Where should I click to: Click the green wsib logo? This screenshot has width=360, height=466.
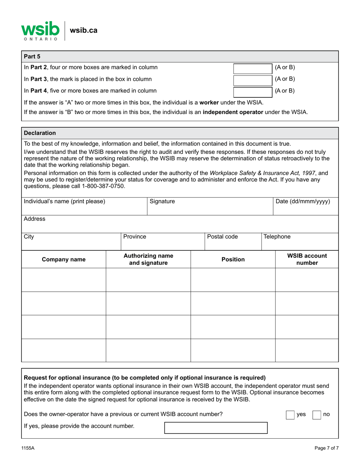click(x=40, y=30)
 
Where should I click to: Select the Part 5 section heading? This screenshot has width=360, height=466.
click(x=32, y=56)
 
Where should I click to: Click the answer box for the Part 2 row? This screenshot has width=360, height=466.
click(x=252, y=68)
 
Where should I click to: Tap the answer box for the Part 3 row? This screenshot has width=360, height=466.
click(x=252, y=79)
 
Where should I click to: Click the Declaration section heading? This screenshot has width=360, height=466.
click(x=40, y=133)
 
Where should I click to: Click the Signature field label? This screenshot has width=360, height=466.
click(x=162, y=202)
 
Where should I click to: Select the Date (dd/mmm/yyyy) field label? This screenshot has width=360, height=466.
click(x=302, y=202)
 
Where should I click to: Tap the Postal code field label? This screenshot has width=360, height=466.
click(x=222, y=237)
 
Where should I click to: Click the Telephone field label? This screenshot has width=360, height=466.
click(x=277, y=237)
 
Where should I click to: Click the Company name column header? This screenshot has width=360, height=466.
click(x=63, y=260)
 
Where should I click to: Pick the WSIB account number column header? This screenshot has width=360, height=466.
click(x=307, y=260)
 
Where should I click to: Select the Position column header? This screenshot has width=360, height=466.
click(x=233, y=260)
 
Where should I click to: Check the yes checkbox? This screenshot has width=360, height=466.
click(x=290, y=415)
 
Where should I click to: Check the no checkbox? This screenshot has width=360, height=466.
click(x=316, y=415)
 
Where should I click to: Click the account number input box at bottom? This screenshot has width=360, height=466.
click(x=216, y=428)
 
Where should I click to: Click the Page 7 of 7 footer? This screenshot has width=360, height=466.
click(x=326, y=448)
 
